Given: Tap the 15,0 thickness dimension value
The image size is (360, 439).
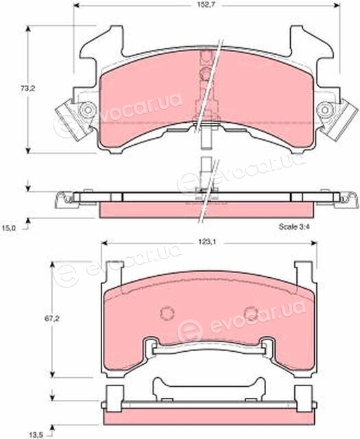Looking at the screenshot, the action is (9, 228).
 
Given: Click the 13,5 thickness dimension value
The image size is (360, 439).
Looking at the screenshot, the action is (36, 436).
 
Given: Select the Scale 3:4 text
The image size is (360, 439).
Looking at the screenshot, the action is (293, 227).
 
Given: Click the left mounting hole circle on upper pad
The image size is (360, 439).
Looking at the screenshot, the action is (88, 110).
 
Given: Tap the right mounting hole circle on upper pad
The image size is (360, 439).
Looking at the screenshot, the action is (325, 110).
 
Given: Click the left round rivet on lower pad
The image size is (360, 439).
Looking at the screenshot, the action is (167, 313).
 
